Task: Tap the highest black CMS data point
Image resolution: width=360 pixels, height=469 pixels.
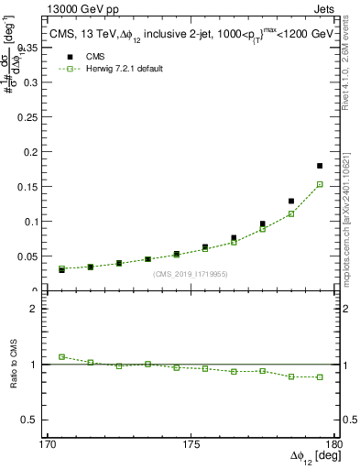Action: [320, 166]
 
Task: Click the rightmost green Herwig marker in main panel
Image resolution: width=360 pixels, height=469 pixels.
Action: [320, 184]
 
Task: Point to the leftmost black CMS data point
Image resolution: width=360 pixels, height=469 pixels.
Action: [62, 270]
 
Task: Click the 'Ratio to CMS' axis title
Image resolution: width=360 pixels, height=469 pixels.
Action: [16, 364]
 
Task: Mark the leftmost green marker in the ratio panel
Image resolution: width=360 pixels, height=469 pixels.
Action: [62, 356]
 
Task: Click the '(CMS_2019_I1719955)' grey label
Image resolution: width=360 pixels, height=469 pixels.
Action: [191, 273]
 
